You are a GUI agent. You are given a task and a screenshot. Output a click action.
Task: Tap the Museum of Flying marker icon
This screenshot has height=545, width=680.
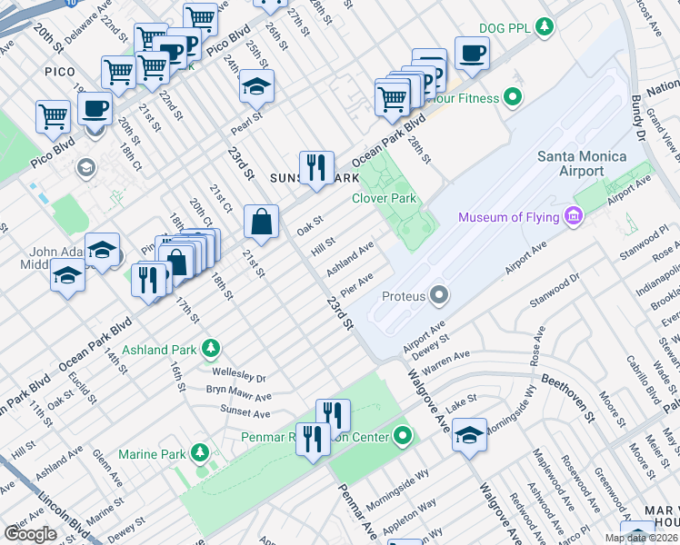pos(574,216)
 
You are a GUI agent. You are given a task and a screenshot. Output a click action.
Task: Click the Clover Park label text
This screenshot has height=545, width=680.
pos(383,198)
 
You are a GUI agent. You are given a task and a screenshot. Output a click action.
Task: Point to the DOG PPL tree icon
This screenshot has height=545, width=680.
pos(545,27)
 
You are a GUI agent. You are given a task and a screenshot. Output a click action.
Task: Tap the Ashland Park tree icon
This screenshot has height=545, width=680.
pos(210,349)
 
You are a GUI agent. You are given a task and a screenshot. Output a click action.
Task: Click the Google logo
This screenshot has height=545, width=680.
pos(30,533)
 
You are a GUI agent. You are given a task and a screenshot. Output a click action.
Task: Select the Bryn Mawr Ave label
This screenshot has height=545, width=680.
pos(238,396)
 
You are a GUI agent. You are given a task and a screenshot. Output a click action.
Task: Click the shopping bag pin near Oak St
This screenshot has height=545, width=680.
pos(261,222)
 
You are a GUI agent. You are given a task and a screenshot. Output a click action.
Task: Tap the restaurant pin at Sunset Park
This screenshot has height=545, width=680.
pos(315,167)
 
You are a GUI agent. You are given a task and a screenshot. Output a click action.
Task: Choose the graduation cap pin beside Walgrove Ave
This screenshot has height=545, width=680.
pos(469,434)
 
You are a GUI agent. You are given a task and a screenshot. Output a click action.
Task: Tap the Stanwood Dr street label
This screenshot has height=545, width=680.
pos(561,277)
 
